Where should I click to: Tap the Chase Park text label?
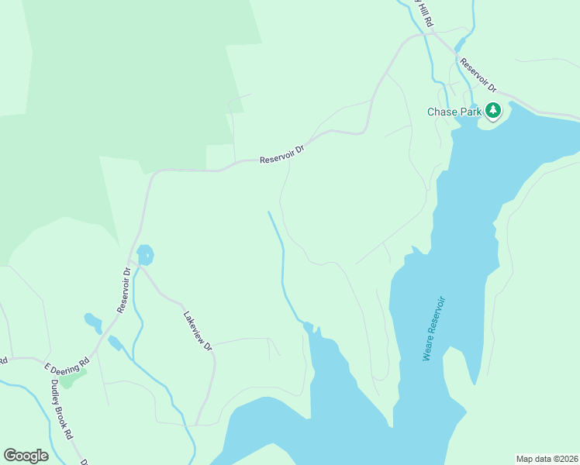[454, 112]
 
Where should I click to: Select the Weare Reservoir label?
[434, 328]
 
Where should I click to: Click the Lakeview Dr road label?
[198, 331]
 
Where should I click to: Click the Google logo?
[26, 456]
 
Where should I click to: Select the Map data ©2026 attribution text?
[547, 459]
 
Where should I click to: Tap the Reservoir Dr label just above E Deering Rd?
[123, 290]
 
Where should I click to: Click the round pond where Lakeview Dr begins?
[145, 254]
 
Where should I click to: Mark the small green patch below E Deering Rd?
[71, 378]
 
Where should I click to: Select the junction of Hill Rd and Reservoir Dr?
[427, 33]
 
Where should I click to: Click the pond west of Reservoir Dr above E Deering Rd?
[92, 321]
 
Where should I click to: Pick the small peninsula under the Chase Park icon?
[494, 122]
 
